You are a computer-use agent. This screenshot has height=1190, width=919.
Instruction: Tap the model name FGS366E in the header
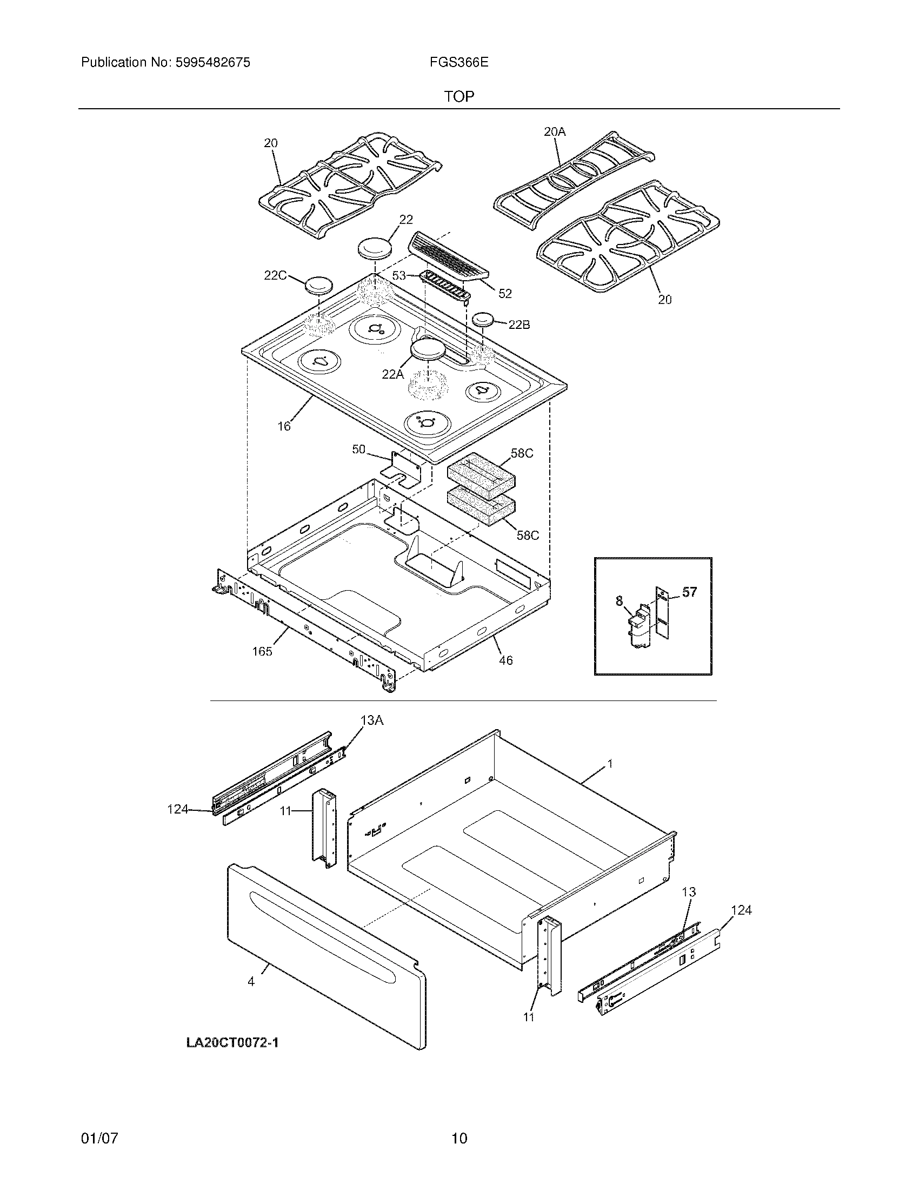coord(458,63)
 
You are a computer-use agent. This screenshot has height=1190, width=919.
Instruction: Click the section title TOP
coord(459,96)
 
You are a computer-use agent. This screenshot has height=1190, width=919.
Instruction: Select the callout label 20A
coord(554,131)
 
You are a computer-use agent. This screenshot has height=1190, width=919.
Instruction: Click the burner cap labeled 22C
coord(319,285)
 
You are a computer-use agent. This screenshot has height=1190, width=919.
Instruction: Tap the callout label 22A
coord(392,374)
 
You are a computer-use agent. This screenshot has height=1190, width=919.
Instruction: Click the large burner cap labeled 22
coord(375,248)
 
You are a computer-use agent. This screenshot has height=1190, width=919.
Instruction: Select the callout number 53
coord(399,276)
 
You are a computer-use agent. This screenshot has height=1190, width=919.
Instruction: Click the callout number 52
coord(505,293)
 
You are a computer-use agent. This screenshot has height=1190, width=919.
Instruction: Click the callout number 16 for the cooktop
coord(284,426)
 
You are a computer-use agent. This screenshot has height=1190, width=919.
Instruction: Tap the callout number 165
coord(262,651)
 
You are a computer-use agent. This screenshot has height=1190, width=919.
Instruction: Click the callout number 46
coord(506,660)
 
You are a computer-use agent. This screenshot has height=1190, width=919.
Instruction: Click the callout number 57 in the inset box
coord(689,592)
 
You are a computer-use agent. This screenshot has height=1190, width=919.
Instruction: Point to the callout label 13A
coord(372,720)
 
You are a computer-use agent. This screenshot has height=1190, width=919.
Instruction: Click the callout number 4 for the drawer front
coord(251,982)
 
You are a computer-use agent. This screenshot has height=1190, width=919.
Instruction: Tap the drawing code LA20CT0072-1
coord(232,1043)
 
